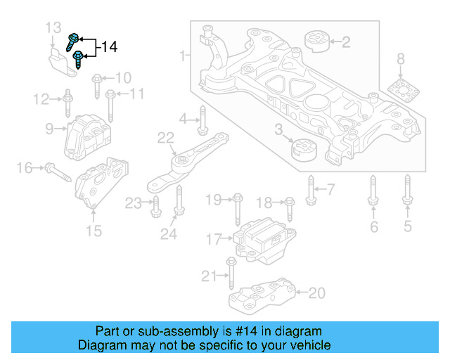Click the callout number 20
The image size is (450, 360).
pos(318,292)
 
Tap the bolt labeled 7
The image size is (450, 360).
pos(311,188)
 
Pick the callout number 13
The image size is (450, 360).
pos(53,28)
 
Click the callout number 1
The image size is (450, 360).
pos(184,55)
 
